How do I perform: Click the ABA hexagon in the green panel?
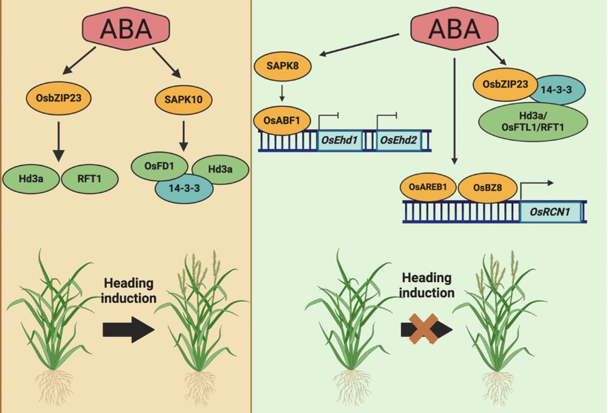click(x=454, y=29)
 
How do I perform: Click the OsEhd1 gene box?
click(x=340, y=140)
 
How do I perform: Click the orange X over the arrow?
click(x=426, y=329)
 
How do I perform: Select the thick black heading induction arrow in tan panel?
click(x=127, y=329)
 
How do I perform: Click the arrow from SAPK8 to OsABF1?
click(x=283, y=92)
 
